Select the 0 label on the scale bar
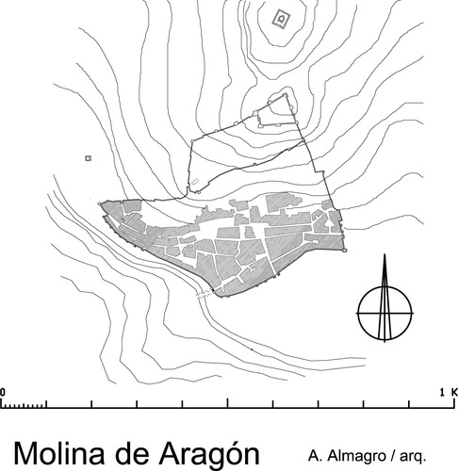point(3,391)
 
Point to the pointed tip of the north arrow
point(384,256)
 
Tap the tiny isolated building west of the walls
point(89,158)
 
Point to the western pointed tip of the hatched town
point(99,202)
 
